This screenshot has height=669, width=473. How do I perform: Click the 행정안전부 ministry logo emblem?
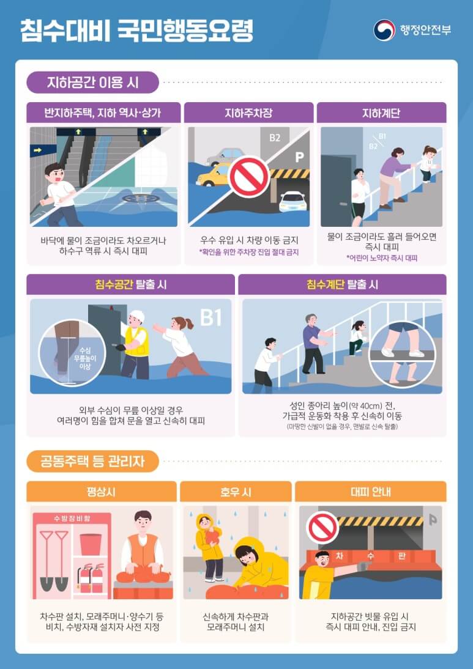tap(384, 30)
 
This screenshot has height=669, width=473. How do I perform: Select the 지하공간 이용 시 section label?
tap(93, 82)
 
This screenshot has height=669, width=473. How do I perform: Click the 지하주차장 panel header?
tap(248, 113)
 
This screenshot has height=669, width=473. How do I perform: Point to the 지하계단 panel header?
tap(381, 113)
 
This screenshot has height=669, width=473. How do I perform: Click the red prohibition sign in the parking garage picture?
tap(248, 177)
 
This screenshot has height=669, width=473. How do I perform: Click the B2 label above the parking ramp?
tap(275, 138)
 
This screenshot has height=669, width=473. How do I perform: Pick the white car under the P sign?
tap(292, 201)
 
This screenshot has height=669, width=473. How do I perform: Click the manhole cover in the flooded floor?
tap(141, 198)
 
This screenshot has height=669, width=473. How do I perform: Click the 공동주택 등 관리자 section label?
tap(93, 461)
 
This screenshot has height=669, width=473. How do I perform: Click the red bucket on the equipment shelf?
tap(91, 542)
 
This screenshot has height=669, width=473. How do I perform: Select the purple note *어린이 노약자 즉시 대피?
tap(381, 259)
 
